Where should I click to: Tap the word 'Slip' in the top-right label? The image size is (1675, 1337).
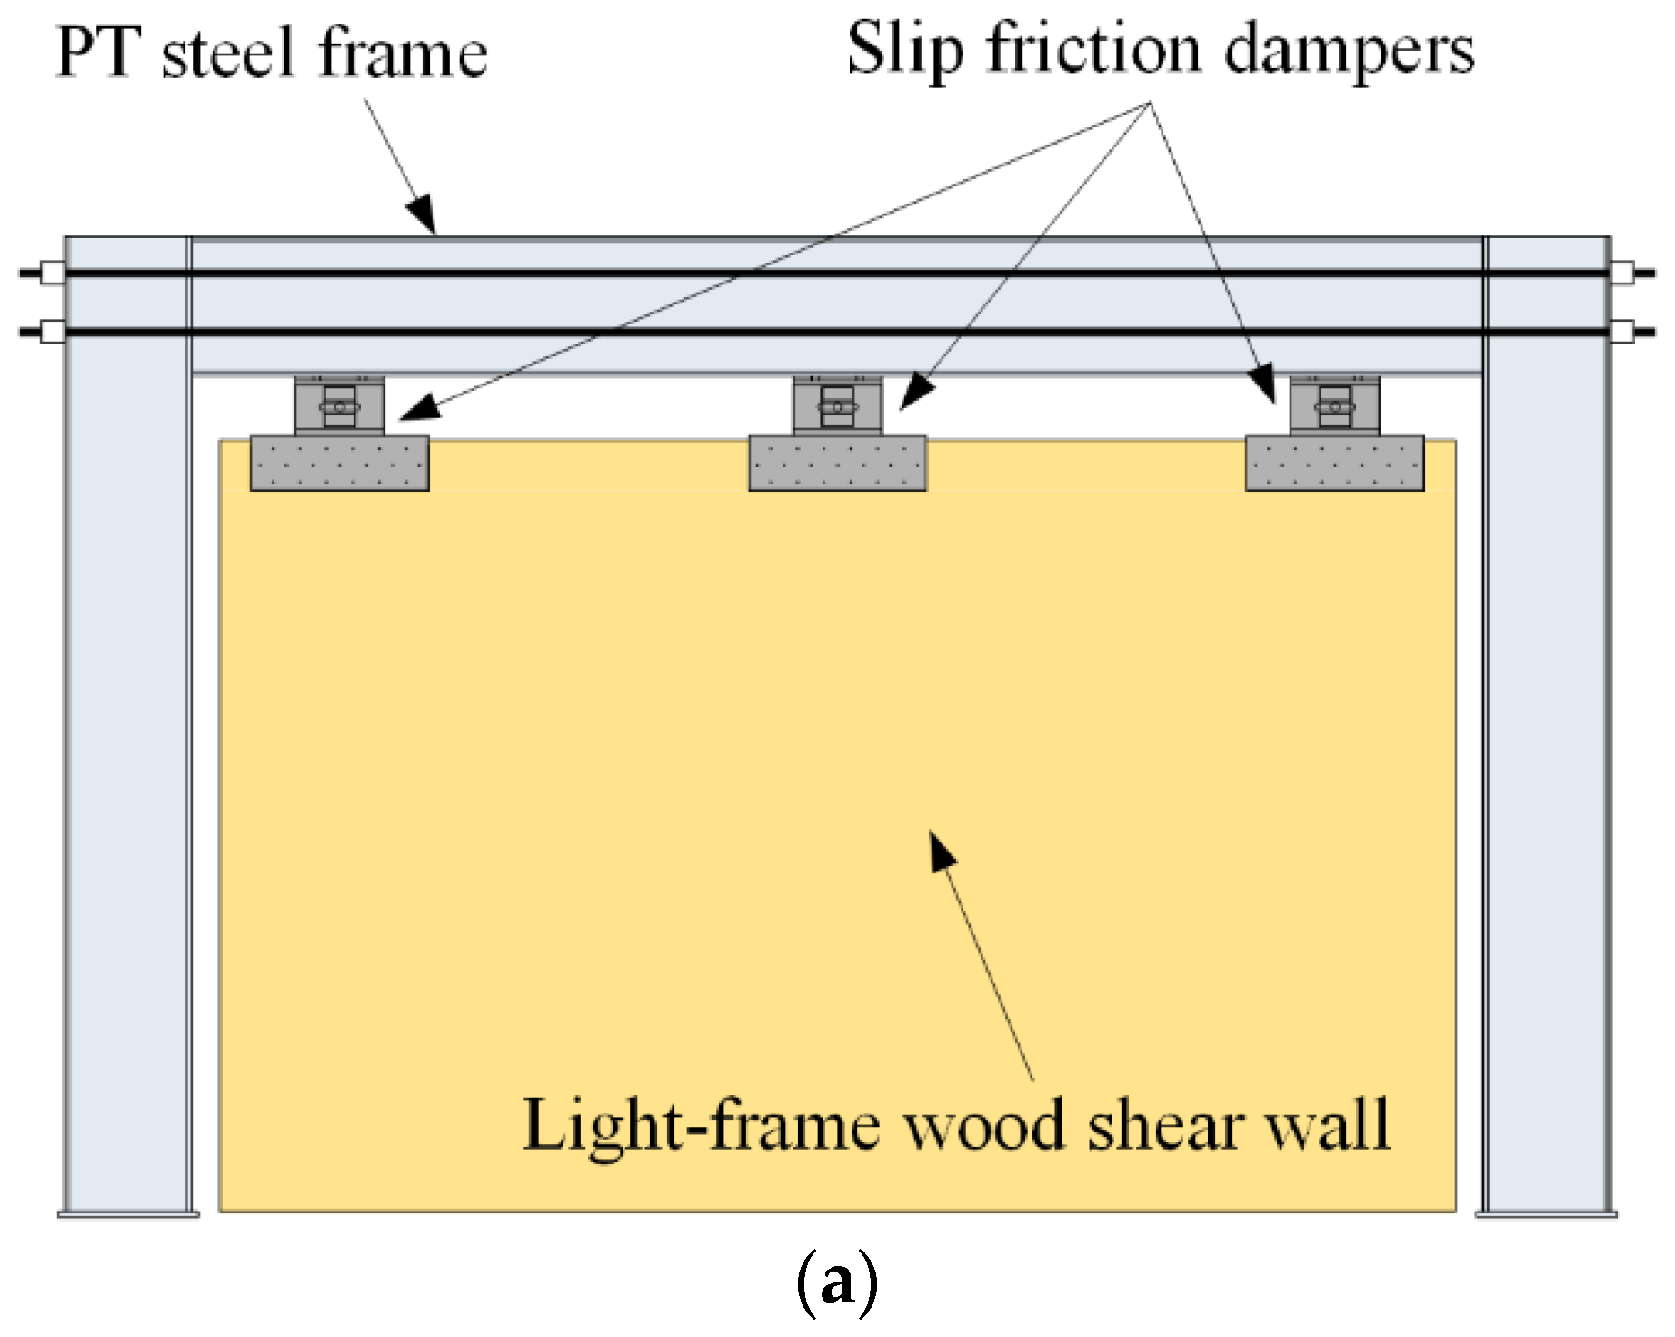[903, 51]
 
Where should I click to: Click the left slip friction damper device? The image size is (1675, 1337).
[339, 406]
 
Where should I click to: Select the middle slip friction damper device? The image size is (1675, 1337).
[837, 406]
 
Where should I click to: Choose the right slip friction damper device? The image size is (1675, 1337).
[1334, 406]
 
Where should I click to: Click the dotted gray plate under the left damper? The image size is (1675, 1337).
[339, 464]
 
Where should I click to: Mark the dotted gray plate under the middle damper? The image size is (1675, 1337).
[837, 464]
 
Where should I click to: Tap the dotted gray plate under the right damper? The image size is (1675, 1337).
[1334, 464]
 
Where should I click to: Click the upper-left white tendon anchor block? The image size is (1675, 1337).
[53, 272]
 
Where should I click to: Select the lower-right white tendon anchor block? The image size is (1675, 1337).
[1621, 330]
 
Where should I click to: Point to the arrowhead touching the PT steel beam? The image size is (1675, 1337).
[423, 215]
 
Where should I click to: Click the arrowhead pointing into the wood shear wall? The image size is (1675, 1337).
[942, 851]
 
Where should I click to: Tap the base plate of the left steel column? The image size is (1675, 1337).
[128, 1212]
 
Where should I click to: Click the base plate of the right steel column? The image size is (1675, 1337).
[1545, 1212]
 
